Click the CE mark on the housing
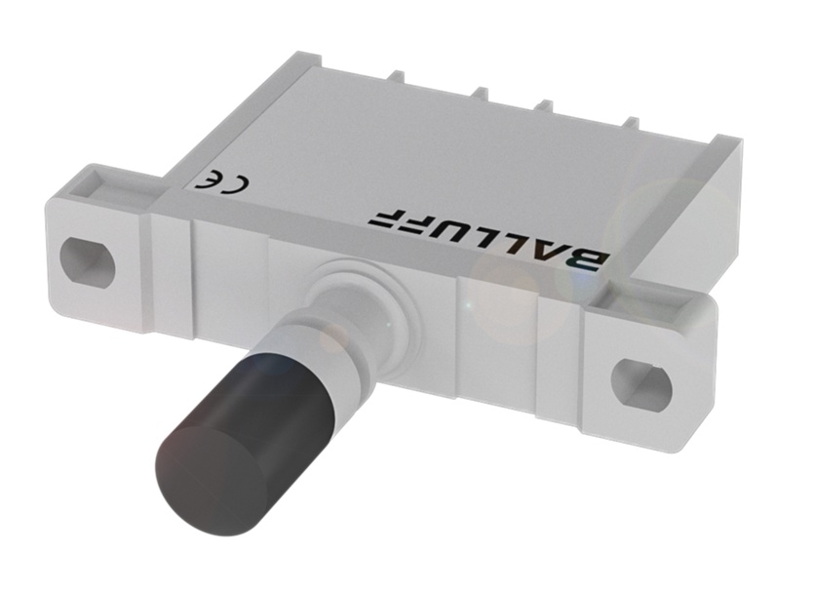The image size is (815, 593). (x=215, y=183)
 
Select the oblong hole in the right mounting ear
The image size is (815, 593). (x=640, y=377)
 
